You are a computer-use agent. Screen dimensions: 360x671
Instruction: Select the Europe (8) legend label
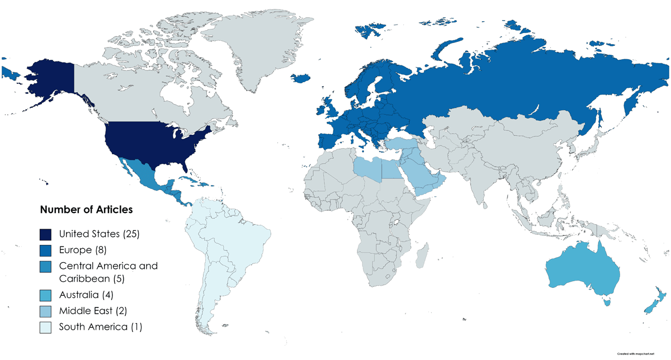[82, 249]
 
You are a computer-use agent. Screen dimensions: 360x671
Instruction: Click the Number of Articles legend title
[86, 210]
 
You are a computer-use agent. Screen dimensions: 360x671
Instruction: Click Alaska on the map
[50, 78]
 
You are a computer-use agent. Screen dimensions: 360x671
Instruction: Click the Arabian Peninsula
[425, 176]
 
